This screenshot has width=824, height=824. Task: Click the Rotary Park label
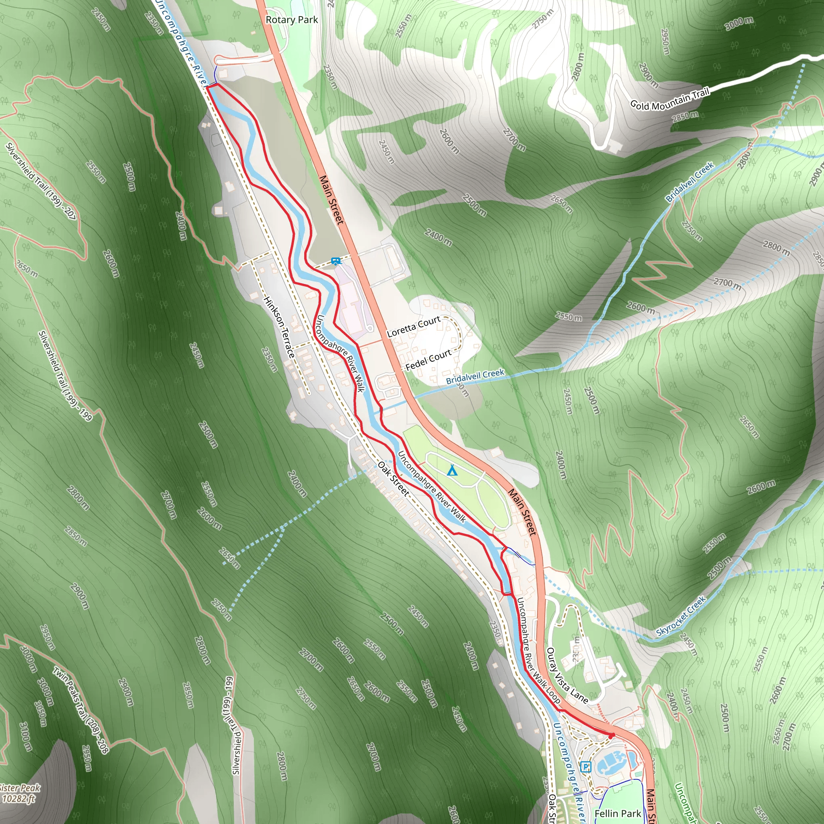[292, 20]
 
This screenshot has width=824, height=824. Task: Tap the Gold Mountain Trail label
[669, 99]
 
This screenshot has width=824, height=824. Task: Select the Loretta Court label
[414, 326]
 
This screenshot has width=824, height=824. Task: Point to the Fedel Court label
[428, 360]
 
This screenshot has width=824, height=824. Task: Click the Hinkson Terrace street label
[279, 327]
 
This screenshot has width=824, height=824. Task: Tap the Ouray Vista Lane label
[567, 676]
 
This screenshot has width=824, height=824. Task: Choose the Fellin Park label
[618, 813]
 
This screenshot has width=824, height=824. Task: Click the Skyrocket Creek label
[681, 616]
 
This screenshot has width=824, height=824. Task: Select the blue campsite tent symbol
[452, 470]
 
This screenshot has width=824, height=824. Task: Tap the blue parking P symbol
[585, 767]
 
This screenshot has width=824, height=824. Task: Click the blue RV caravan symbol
[336, 261]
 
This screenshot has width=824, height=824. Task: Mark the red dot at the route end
[611, 736]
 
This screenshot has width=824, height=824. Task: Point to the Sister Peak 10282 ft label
[19, 793]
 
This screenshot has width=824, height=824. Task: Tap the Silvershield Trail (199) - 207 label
[41, 182]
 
